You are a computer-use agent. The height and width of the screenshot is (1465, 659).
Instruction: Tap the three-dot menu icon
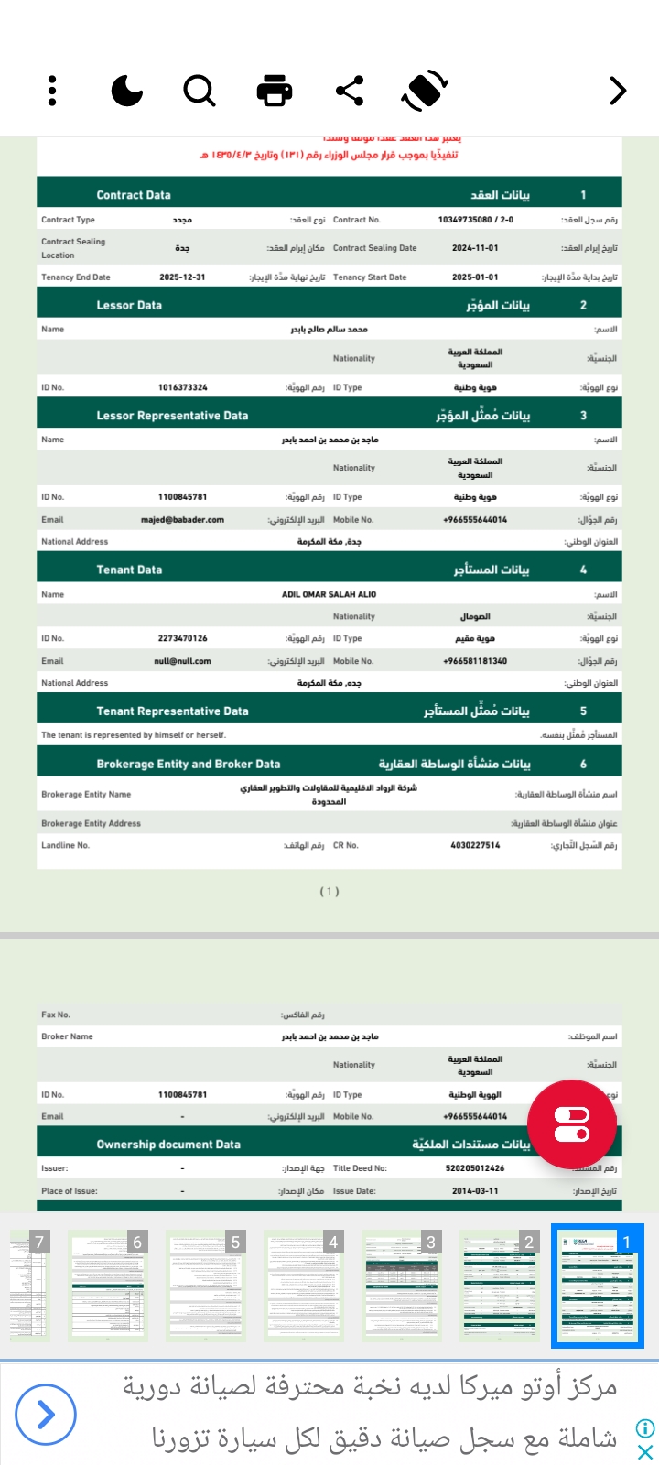point(52,91)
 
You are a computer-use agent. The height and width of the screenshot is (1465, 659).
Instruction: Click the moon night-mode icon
point(126,91)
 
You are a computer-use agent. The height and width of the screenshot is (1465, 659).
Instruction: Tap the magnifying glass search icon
point(199,91)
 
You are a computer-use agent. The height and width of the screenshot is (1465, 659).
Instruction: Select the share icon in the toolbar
point(350,91)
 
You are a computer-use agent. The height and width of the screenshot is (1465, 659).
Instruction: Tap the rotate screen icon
point(424,91)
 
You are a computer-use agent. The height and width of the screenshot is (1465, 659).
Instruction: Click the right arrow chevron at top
point(618,91)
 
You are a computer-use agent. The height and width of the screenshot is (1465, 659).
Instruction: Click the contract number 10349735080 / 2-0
point(475,220)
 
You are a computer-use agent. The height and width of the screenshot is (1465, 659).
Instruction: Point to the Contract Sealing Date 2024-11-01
point(475,248)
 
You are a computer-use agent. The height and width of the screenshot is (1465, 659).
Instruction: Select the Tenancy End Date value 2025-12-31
point(182,277)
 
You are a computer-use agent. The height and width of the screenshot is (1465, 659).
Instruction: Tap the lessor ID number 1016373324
point(182,387)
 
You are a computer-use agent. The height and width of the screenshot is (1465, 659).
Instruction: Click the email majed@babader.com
point(182,519)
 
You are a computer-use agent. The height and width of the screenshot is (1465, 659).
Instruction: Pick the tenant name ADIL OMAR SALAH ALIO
point(329,594)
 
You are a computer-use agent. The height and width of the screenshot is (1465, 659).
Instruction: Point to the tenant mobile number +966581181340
point(475,661)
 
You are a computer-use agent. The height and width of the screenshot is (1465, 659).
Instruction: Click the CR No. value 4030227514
point(475,845)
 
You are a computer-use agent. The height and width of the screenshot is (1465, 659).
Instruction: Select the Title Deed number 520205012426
point(475,1168)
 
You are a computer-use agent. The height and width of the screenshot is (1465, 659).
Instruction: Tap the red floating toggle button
point(572,1124)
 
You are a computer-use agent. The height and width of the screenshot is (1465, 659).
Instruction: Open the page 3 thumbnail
point(399,1285)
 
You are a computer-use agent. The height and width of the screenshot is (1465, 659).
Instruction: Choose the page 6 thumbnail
point(107,1285)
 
